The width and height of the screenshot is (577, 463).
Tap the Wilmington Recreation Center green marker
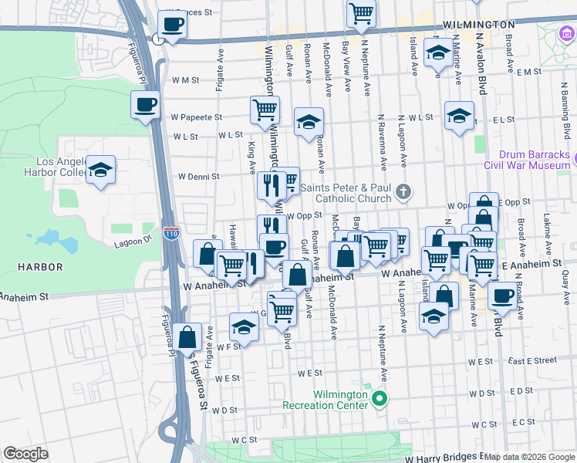(x=379, y=398)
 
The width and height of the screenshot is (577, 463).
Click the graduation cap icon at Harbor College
(x=100, y=171)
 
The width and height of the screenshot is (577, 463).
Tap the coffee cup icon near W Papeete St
(x=145, y=105)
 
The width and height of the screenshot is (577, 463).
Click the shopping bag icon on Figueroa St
(x=187, y=337)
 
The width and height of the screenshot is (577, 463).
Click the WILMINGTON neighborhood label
(x=479, y=25)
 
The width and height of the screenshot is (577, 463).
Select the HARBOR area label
(x=42, y=267)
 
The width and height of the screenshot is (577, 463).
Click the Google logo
(x=25, y=453)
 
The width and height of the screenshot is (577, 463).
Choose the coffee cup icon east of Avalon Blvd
(x=503, y=295)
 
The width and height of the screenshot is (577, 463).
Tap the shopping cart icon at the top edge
(x=360, y=13)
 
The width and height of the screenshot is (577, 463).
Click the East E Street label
(x=533, y=360)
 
